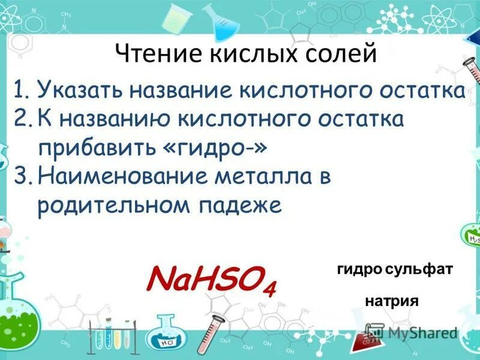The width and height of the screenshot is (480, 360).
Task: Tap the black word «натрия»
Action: point(391,301)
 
